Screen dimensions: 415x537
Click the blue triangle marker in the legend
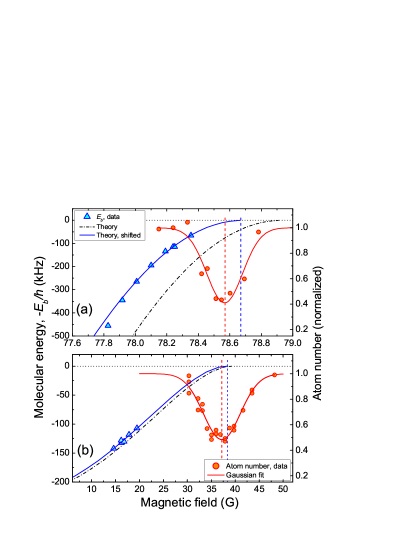point(86,217)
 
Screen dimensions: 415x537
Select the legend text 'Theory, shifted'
point(119,235)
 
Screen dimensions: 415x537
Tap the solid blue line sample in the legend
point(86,235)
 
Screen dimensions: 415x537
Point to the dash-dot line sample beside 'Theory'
point(86,226)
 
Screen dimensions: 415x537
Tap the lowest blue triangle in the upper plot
point(108,325)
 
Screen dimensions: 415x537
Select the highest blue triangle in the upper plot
point(191,235)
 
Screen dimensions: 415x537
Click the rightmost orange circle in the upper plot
point(259,232)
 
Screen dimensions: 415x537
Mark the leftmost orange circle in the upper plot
point(159,229)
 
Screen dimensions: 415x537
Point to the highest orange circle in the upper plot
point(187,222)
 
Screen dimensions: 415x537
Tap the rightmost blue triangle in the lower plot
point(137,427)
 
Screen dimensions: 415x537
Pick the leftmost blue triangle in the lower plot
point(114,447)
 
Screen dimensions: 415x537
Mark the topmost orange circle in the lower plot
point(188,376)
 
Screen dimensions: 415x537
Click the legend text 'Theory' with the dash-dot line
point(107,226)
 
